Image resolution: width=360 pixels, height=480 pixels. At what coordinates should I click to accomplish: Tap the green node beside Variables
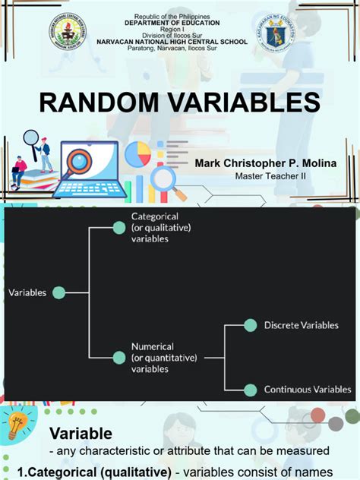click(x=59, y=292)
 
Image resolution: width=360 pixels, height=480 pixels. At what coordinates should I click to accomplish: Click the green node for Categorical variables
click(x=118, y=227)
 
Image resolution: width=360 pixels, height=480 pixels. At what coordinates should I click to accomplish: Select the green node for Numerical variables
click(x=118, y=356)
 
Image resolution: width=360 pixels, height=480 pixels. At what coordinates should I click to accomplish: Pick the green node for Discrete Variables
click(x=250, y=325)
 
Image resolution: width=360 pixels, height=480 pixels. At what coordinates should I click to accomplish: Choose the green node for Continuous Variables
click(x=250, y=390)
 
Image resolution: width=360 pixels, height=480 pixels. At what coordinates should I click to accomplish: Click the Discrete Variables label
click(x=301, y=325)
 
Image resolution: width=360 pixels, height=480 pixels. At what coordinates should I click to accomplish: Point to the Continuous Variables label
click(x=308, y=390)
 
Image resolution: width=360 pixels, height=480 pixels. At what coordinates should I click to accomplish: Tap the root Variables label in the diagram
click(x=27, y=292)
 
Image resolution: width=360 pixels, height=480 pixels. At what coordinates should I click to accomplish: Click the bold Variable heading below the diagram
click(x=81, y=434)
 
